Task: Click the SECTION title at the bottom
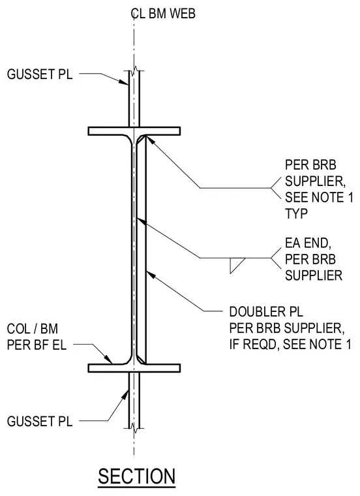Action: click(136, 476)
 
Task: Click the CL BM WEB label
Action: click(163, 14)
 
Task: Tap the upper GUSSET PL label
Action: click(40, 74)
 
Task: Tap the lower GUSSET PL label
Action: click(40, 422)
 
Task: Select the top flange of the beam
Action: click(134, 131)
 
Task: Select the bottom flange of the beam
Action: click(134, 368)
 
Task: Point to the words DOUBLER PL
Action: click(266, 312)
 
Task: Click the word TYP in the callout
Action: click(297, 214)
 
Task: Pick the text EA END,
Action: click(308, 243)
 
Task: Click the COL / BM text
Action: click(33, 329)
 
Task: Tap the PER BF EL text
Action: click(37, 345)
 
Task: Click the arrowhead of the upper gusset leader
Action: click(124, 82)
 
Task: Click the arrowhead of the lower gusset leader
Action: click(125, 394)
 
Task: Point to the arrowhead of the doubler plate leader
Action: click(151, 275)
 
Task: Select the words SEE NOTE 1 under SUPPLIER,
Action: click(319, 197)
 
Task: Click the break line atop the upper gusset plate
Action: click(136, 70)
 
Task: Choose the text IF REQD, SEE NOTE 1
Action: click(290, 344)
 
